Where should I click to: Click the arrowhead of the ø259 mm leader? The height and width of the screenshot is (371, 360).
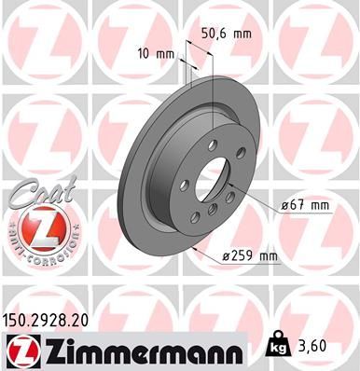(190, 250)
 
